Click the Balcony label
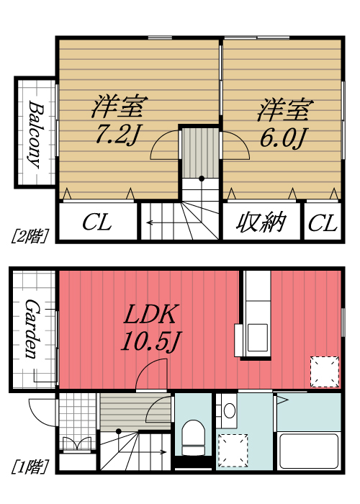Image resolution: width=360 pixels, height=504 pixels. [x=34, y=133]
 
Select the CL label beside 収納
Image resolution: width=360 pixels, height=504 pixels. [x=322, y=224]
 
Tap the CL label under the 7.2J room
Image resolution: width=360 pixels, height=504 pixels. [x=96, y=223]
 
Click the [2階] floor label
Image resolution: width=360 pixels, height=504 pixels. [x=29, y=235]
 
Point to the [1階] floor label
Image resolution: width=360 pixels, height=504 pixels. [x=29, y=466]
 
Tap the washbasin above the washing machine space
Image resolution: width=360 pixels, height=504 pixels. [x=230, y=411]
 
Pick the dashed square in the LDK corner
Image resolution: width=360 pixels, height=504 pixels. [x=323, y=372]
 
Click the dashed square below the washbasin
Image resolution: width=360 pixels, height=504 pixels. [x=233, y=450]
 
